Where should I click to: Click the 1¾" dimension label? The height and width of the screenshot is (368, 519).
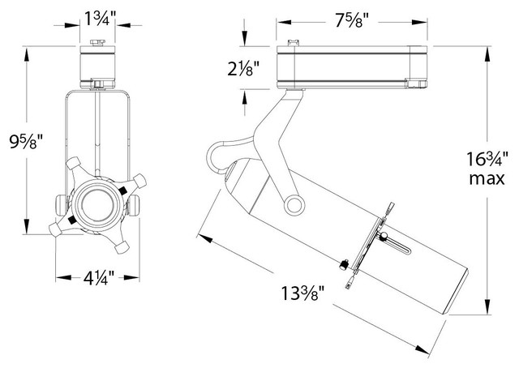pyautogui.click(x=97, y=17)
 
